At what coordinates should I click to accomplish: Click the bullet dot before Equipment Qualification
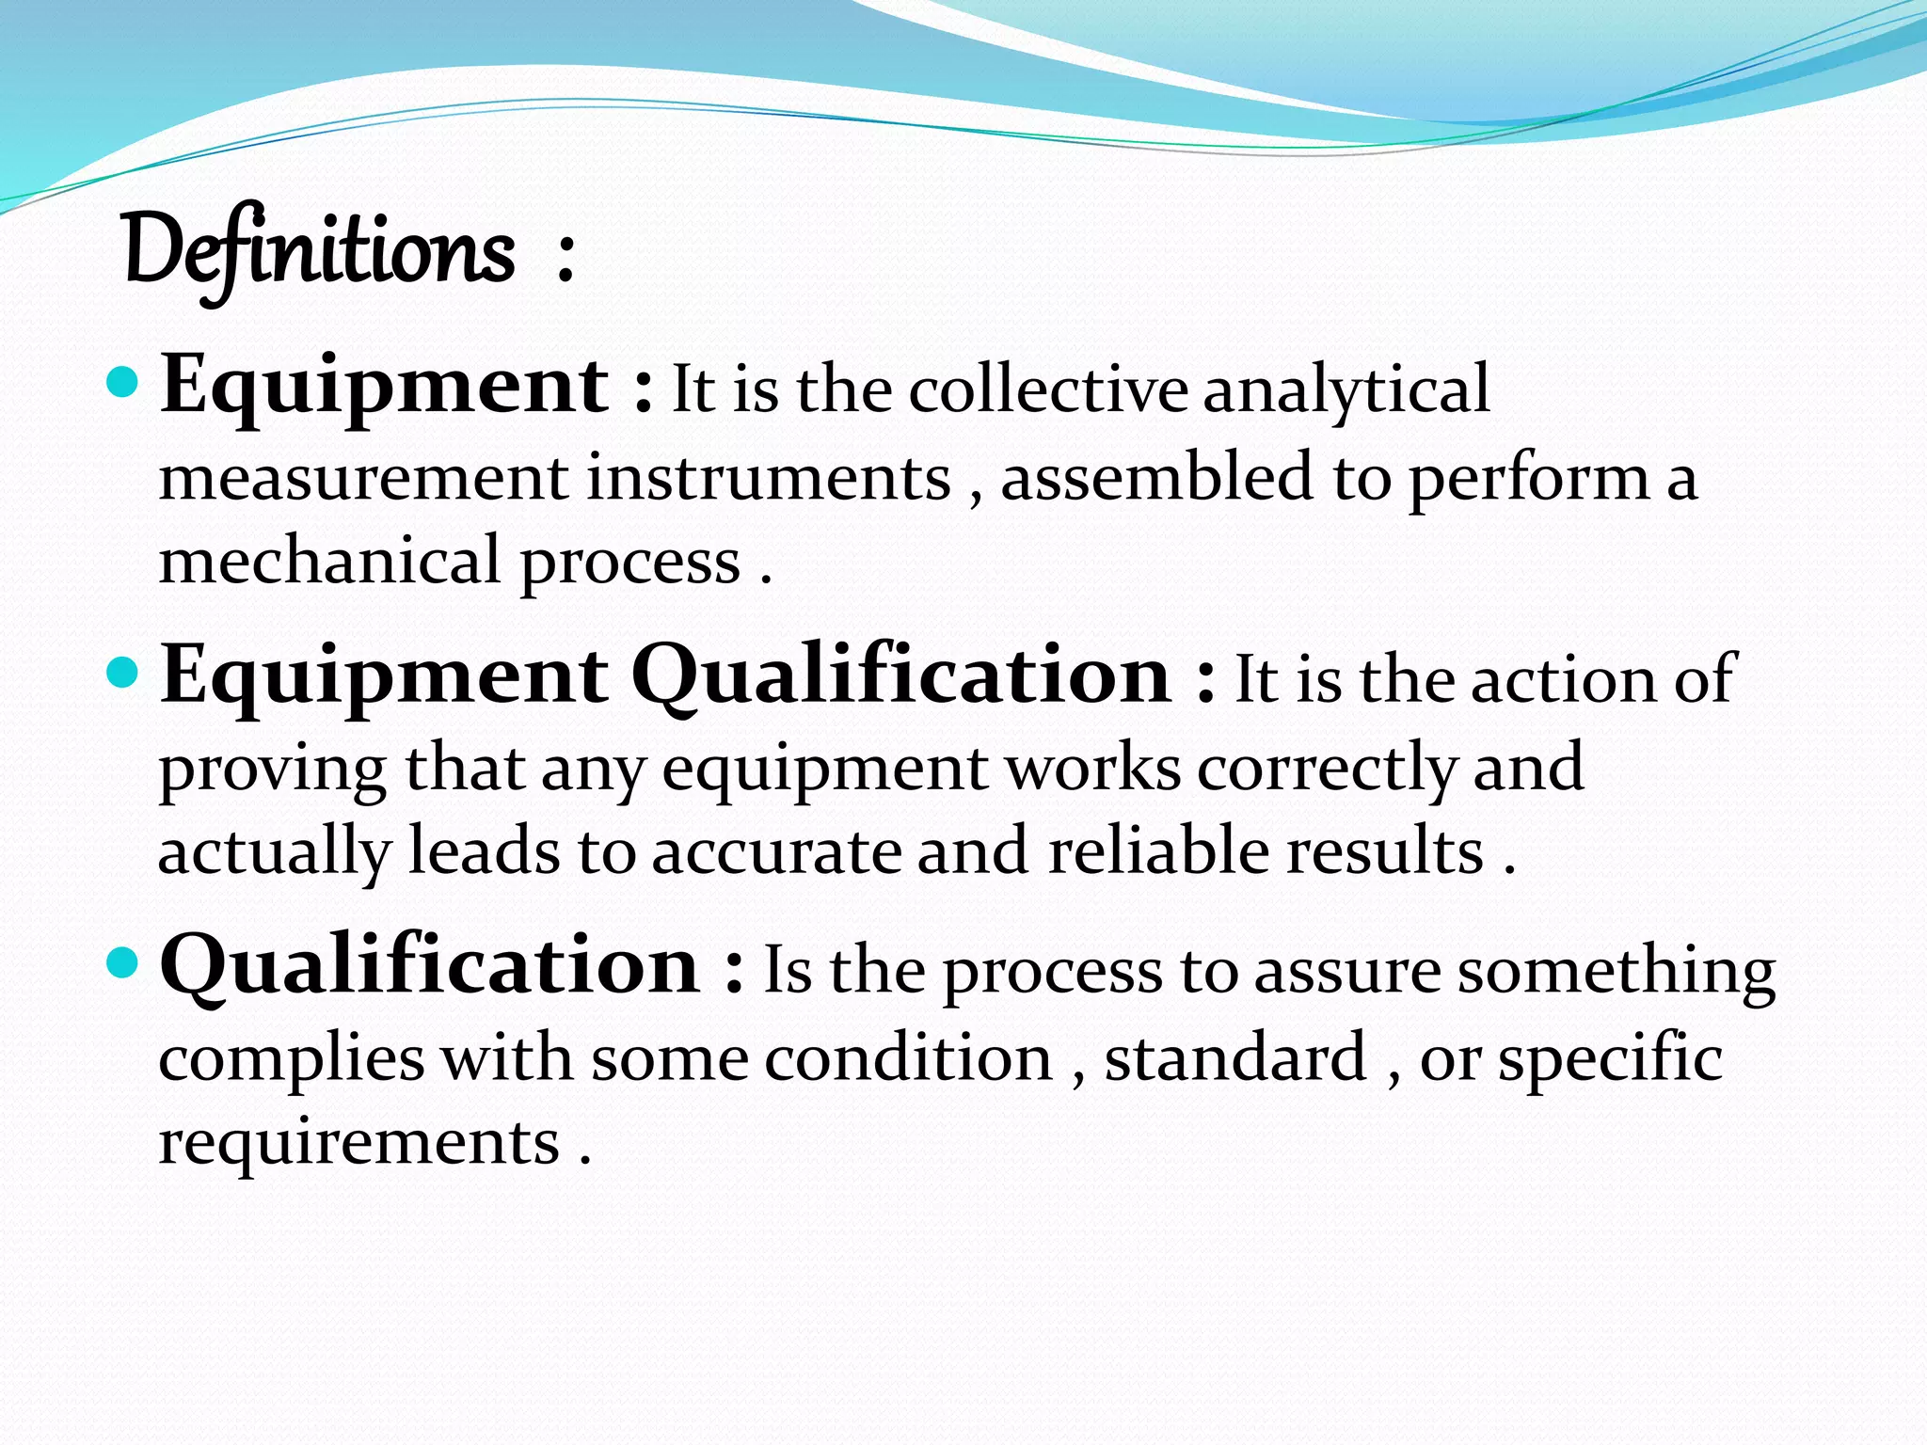coord(123,673)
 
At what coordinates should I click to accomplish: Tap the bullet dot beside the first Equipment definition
coord(123,382)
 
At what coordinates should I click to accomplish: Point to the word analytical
coord(1346,390)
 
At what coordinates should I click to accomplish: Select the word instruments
coord(769,477)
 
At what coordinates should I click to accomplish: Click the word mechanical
coord(329,561)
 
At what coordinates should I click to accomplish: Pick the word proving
coord(272,770)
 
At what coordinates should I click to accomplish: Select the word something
coord(1616,973)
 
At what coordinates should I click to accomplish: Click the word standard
coord(1235,1057)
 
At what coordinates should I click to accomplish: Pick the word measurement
coord(363,477)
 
